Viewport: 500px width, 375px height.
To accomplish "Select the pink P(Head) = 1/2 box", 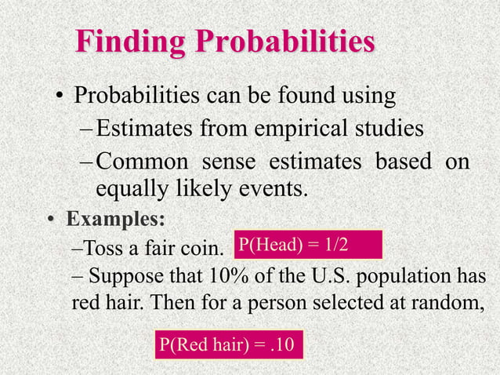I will click(x=307, y=244).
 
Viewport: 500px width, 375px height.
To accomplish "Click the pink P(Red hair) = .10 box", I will click(x=228, y=344).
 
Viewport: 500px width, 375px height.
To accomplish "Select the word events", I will click(x=270, y=189).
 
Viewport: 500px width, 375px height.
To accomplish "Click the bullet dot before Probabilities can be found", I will click(x=59, y=98).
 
